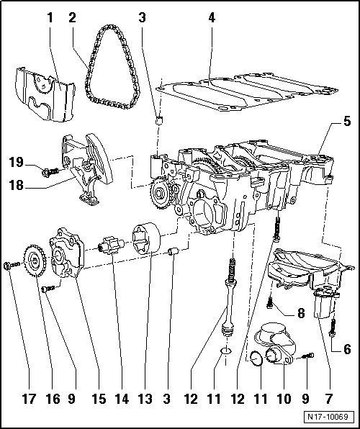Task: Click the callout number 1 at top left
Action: pyautogui.click(x=50, y=18)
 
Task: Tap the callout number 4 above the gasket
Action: pyautogui.click(x=212, y=18)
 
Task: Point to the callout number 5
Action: pyautogui.click(x=347, y=121)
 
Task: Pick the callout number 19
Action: pyautogui.click(x=17, y=162)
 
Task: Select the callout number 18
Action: pyautogui.click(x=17, y=185)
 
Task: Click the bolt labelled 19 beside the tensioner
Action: pyautogui.click(x=50, y=172)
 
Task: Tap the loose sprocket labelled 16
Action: pyautogui.click(x=35, y=261)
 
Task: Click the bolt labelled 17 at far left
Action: pyautogui.click(x=12, y=265)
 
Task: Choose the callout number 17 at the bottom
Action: pyautogui.click(x=29, y=399)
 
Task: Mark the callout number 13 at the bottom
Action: pyautogui.click(x=145, y=399)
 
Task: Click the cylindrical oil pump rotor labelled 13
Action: pyautogui.click(x=146, y=238)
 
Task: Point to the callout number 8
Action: pyautogui.click(x=301, y=313)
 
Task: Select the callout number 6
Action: pyautogui.click(x=347, y=349)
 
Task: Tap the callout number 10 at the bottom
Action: pyautogui.click(x=284, y=399)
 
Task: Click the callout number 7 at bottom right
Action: pyautogui.click(x=329, y=399)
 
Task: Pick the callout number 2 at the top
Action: pyautogui.click(x=72, y=18)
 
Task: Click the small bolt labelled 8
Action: pyautogui.click(x=270, y=303)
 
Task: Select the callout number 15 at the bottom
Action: pyautogui.click(x=99, y=399)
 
